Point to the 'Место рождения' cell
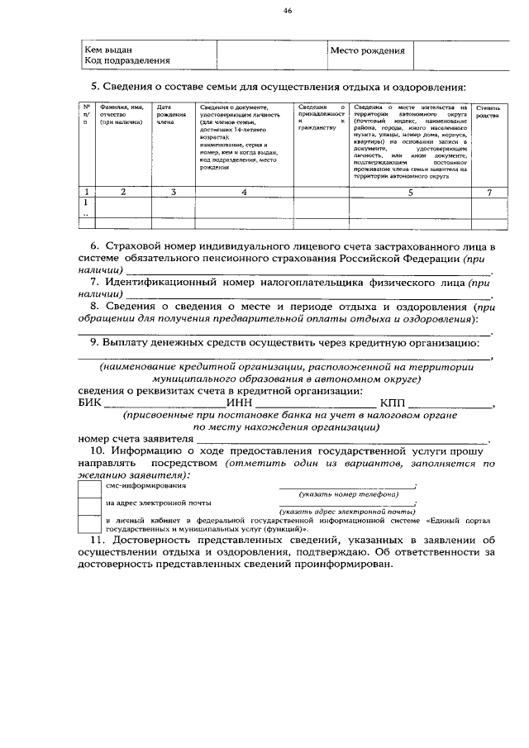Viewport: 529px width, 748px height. [x=367, y=50]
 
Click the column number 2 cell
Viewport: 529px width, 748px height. [x=122, y=192]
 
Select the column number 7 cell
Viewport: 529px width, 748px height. [x=488, y=192]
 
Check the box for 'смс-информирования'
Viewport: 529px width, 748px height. [x=88, y=488]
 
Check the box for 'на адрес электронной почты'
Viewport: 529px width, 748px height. [x=88, y=504]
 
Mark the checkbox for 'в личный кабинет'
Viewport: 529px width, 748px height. [x=88, y=523]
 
